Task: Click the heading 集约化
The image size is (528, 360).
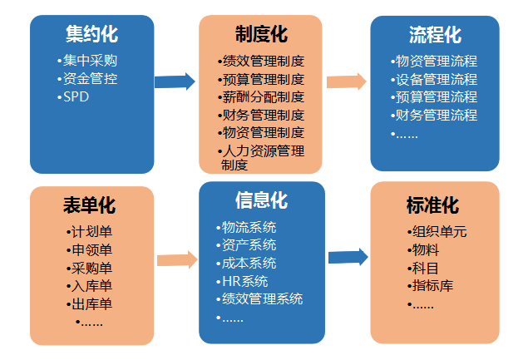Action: [91, 34]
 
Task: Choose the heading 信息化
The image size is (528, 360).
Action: [261, 201]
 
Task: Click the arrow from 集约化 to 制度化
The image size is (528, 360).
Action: [175, 81]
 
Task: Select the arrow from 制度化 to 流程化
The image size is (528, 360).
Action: [346, 81]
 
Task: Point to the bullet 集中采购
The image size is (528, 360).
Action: [90, 61]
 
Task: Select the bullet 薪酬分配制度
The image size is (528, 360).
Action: [261, 97]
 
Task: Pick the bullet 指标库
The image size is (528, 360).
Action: [429, 286]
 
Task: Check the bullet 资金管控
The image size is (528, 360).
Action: [90, 79]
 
